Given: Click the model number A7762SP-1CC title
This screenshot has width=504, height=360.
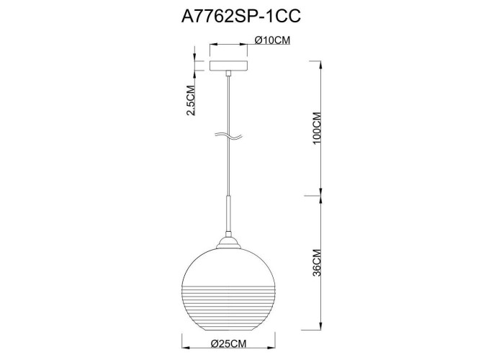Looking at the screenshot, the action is [x=241, y=16].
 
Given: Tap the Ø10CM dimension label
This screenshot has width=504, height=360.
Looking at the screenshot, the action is [x=273, y=40].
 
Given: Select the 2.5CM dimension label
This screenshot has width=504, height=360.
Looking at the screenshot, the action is [x=191, y=100].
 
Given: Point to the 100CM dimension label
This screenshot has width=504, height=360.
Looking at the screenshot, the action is [x=317, y=128].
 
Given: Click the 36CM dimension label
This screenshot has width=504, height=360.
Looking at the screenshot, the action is [x=317, y=263].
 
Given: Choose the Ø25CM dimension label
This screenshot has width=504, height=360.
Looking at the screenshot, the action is [x=228, y=343].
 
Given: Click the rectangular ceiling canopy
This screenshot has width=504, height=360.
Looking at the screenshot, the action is [x=228, y=66].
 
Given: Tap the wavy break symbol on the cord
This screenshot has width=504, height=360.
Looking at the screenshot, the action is [x=228, y=137].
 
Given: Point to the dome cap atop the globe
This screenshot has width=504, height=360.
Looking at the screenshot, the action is [x=228, y=243].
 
